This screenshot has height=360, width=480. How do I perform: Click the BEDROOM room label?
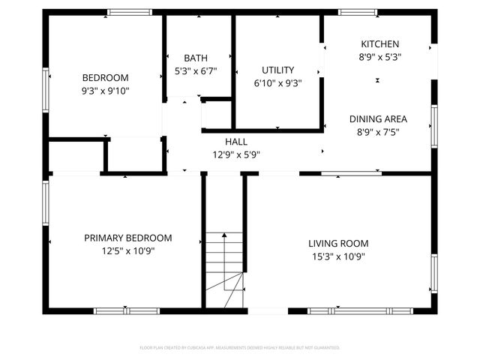click(x=105, y=77)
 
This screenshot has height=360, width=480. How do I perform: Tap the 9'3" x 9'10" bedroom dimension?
click(x=105, y=91)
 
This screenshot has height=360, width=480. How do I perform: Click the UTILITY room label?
click(x=277, y=70)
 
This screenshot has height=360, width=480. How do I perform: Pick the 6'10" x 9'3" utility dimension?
click(x=277, y=84)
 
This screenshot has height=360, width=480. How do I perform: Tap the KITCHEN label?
click(x=379, y=44)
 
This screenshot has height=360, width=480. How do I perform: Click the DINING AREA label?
click(x=378, y=118)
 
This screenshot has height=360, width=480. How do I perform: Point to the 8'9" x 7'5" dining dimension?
click(x=378, y=131)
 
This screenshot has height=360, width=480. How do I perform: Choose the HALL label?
click(x=235, y=142)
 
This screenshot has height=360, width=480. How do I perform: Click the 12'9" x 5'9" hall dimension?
click(x=235, y=154)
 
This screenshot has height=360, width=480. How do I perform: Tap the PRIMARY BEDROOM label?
click(x=127, y=238)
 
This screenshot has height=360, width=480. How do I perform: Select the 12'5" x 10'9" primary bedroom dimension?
click(x=127, y=250)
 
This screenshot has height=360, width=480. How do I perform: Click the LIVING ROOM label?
click(x=338, y=243)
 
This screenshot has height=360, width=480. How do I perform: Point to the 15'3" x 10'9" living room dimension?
click(x=338, y=256)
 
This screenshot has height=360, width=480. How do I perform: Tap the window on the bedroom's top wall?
click(x=130, y=12)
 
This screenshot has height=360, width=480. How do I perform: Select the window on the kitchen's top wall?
click(x=357, y=12)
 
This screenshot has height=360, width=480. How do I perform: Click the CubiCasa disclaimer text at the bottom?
click(x=240, y=348)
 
